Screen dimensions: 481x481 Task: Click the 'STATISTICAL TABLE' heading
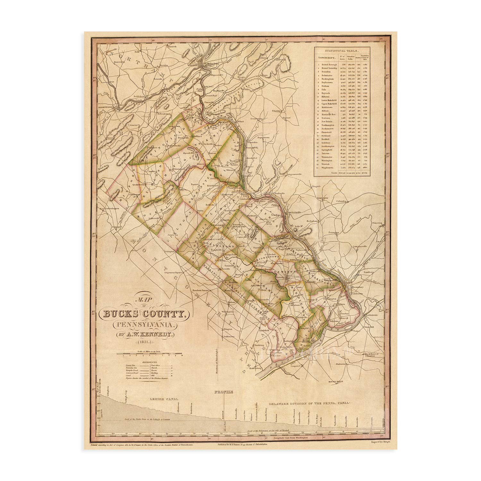[x=342, y=51]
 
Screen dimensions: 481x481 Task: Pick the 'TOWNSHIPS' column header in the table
[x=327, y=58]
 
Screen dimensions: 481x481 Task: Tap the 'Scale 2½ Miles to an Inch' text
[x=149, y=351]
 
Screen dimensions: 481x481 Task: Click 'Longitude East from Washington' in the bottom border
[x=292, y=437]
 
